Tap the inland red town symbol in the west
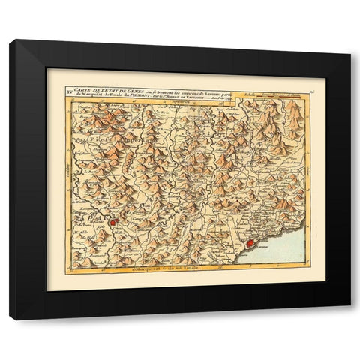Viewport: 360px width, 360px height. coord(112,222)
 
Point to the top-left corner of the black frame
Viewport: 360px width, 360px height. coord(10,41)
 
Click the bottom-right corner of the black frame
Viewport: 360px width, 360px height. coord(349,319)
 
